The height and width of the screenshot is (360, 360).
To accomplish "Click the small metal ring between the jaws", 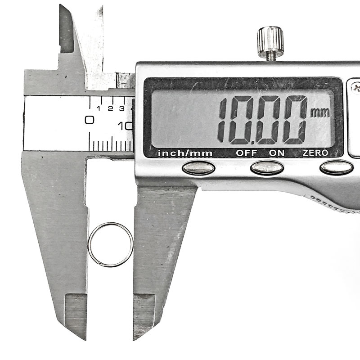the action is point(88,245).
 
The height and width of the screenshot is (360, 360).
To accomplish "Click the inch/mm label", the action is point(185,153).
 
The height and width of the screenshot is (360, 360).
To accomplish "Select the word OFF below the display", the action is point(246,153).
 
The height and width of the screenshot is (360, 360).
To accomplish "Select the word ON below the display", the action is point(277,153).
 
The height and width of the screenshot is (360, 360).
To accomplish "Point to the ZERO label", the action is point(315,153).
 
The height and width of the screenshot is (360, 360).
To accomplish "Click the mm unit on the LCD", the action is point(320,112).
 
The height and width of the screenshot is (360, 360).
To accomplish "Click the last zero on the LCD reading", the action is point(295,120).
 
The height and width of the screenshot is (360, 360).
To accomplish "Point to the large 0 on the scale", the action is point(89,120).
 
